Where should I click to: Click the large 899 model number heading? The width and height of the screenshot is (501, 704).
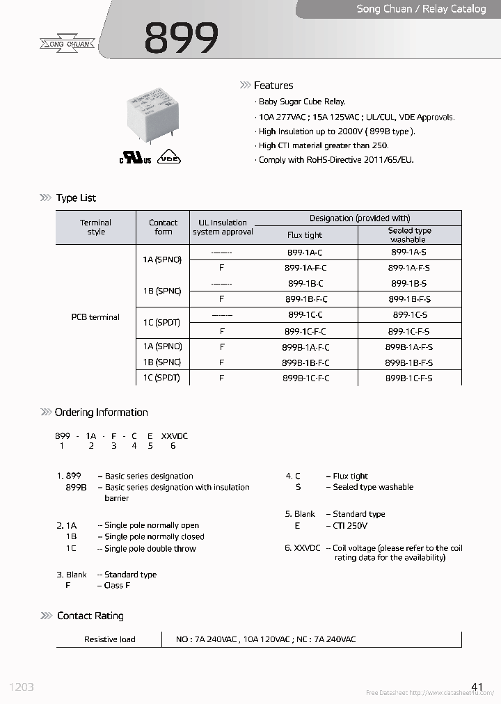coord(181,38)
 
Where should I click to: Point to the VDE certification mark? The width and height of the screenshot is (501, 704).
coord(168,158)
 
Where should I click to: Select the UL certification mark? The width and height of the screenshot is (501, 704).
coord(134,159)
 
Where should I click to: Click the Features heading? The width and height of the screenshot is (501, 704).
coord(273,86)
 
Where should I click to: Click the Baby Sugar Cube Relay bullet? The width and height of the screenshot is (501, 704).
coord(302,102)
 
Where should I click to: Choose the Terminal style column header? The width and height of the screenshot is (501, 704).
coord(96,227)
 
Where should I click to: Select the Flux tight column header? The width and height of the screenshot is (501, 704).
coord(305,235)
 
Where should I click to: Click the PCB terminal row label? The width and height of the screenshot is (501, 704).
coord(95,317)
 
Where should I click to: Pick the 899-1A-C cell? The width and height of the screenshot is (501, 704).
coord(305,253)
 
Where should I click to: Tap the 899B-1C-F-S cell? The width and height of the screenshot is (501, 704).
coord(408,378)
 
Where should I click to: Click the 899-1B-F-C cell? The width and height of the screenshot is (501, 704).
coord(305,299)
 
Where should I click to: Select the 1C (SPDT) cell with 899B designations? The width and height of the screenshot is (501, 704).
coord(161,378)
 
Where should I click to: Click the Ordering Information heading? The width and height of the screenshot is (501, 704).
coord(101,413)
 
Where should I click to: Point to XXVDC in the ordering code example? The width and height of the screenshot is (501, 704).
coord(174,436)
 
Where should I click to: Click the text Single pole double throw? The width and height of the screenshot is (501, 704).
coord(150,549)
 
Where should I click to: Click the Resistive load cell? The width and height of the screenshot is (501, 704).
coord(109,639)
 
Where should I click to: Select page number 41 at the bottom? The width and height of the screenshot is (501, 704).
coord(477,687)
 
